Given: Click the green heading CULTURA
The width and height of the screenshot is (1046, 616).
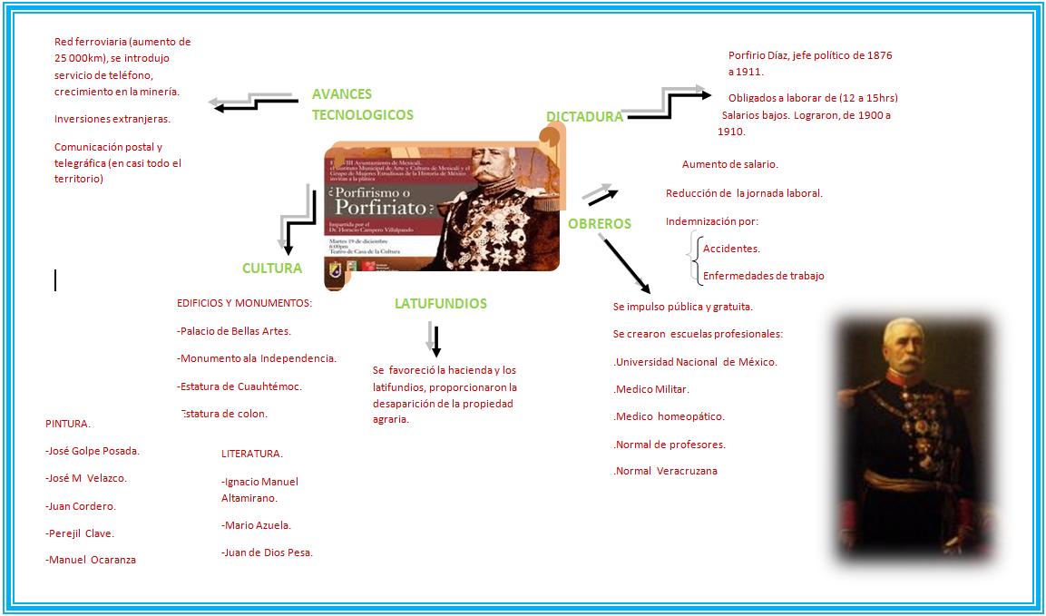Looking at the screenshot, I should pyautogui.click(x=271, y=269).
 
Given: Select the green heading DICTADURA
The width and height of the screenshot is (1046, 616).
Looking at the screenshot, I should pyautogui.click(x=584, y=116).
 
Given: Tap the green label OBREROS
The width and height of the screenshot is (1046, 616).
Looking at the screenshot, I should pyautogui.click(x=599, y=223).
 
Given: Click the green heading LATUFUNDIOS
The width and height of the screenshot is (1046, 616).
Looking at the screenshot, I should pyautogui.click(x=440, y=304).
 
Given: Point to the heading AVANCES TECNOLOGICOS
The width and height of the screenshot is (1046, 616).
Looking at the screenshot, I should pyautogui.click(x=362, y=104).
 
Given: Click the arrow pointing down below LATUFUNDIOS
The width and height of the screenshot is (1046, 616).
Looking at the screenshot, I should pyautogui.click(x=435, y=339).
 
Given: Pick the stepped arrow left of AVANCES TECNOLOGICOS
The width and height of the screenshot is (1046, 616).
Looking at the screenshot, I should pyautogui.click(x=253, y=102).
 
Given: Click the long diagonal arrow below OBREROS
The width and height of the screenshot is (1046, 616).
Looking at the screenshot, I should pyautogui.click(x=626, y=264).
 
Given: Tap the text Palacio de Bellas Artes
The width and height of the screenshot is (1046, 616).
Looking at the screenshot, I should pyautogui.click(x=234, y=331).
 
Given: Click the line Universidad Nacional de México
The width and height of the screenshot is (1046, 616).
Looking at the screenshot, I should pyautogui.click(x=695, y=362).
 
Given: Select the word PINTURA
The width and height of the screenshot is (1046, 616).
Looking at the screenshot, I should pyautogui.click(x=68, y=423).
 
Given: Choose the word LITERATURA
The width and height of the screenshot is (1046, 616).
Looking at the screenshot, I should pyautogui.click(x=252, y=454).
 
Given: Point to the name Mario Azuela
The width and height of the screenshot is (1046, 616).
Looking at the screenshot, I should pyautogui.click(x=256, y=525).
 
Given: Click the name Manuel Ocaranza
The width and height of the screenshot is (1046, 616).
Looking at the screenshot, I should pyautogui.click(x=91, y=560).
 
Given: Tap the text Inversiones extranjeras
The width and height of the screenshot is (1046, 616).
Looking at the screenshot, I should pyautogui.click(x=112, y=119).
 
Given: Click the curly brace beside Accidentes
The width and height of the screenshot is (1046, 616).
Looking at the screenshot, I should pyautogui.click(x=694, y=259).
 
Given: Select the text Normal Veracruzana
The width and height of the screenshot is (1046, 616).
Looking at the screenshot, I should pyautogui.click(x=665, y=471).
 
